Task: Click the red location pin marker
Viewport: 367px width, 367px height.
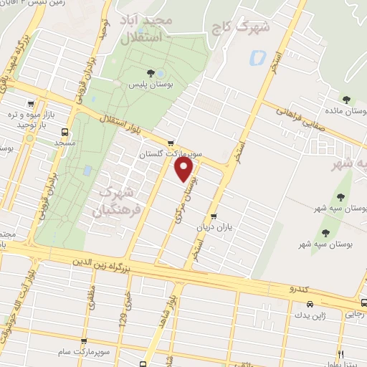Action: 184,169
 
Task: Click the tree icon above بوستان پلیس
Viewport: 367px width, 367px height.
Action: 151,73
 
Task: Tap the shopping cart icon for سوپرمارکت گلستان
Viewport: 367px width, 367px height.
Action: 170,143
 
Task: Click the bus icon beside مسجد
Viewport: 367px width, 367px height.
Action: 65,132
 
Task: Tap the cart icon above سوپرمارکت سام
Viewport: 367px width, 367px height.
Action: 85,342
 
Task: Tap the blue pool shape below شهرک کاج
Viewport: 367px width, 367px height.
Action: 256,57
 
